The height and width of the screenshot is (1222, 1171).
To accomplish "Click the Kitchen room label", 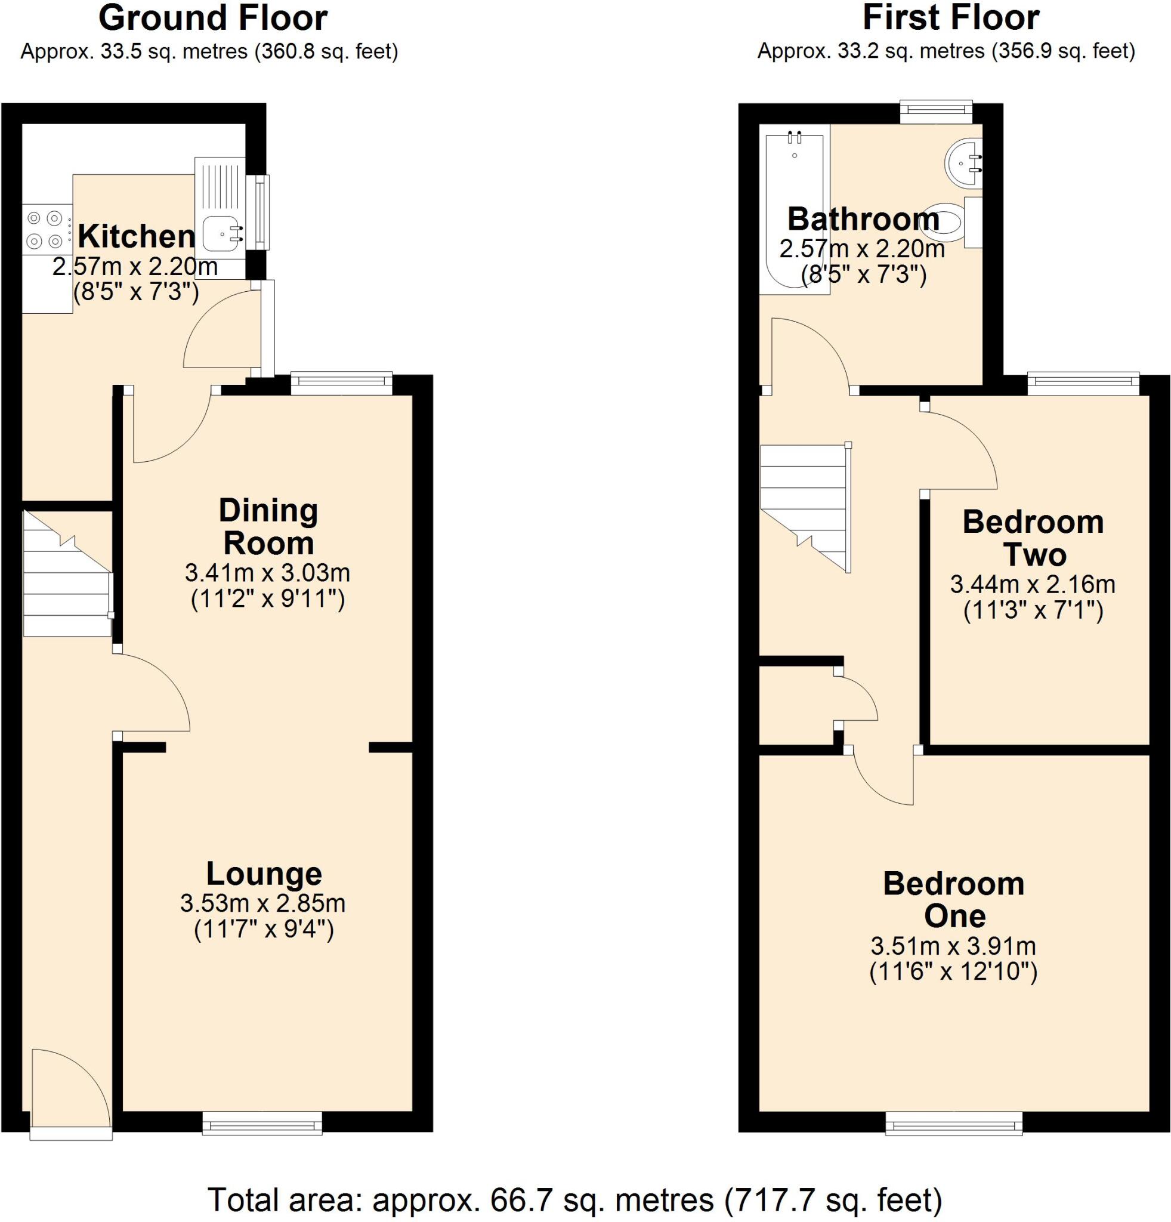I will [x=136, y=236].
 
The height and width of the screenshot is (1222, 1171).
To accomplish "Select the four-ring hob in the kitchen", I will [x=45, y=229].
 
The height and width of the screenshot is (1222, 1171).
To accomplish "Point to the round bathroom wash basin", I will [x=962, y=163].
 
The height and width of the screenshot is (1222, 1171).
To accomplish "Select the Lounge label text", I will [x=264, y=874].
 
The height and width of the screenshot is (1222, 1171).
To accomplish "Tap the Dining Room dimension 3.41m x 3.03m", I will [x=267, y=572].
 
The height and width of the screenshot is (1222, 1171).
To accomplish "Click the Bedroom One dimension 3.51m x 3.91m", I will [x=953, y=946].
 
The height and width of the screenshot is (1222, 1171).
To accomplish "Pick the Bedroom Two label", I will [x=1033, y=538].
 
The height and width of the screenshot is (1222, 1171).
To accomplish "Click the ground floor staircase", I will [x=66, y=574].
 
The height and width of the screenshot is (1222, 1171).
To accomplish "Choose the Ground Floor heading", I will [x=212, y=18].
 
